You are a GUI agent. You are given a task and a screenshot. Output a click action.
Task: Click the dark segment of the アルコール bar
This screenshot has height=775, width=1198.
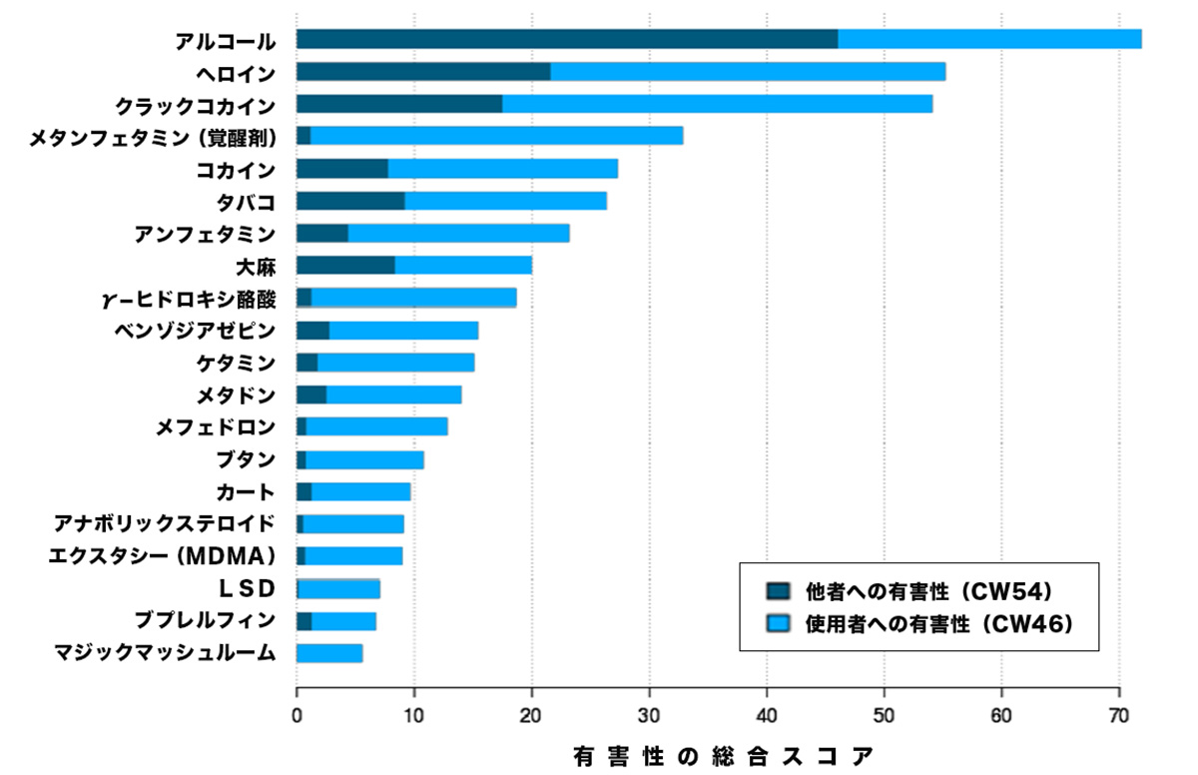pos(566,40)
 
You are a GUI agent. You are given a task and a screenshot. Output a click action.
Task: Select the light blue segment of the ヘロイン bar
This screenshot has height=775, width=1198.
pos(748,72)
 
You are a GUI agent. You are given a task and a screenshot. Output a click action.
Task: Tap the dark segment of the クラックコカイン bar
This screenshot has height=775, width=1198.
pos(399,104)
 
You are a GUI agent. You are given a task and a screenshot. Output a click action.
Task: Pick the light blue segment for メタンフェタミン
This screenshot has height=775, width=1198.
pos(496,136)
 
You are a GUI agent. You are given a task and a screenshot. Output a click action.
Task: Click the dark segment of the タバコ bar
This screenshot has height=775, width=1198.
pos(350,201)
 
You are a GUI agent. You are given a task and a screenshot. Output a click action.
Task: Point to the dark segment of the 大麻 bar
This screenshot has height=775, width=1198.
pos(345,265)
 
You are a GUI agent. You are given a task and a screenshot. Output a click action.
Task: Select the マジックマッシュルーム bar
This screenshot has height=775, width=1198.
pos(329,653)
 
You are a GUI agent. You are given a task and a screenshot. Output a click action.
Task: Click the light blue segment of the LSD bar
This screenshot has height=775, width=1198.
pos(339,588)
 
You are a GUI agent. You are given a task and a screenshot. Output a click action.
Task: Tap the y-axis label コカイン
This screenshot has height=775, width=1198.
pos(236,169)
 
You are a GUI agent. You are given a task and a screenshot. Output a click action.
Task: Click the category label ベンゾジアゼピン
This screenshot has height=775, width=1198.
pos(195,330)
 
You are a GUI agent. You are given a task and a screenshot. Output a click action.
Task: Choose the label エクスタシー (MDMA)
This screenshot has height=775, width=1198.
pos(162,555)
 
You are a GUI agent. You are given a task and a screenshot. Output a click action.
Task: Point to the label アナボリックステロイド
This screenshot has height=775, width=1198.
pos(165,523)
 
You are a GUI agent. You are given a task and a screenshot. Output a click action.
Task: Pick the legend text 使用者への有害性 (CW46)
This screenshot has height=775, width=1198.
pos(938,624)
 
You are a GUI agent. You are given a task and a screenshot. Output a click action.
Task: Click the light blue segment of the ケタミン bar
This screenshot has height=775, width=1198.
pos(395,362)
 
